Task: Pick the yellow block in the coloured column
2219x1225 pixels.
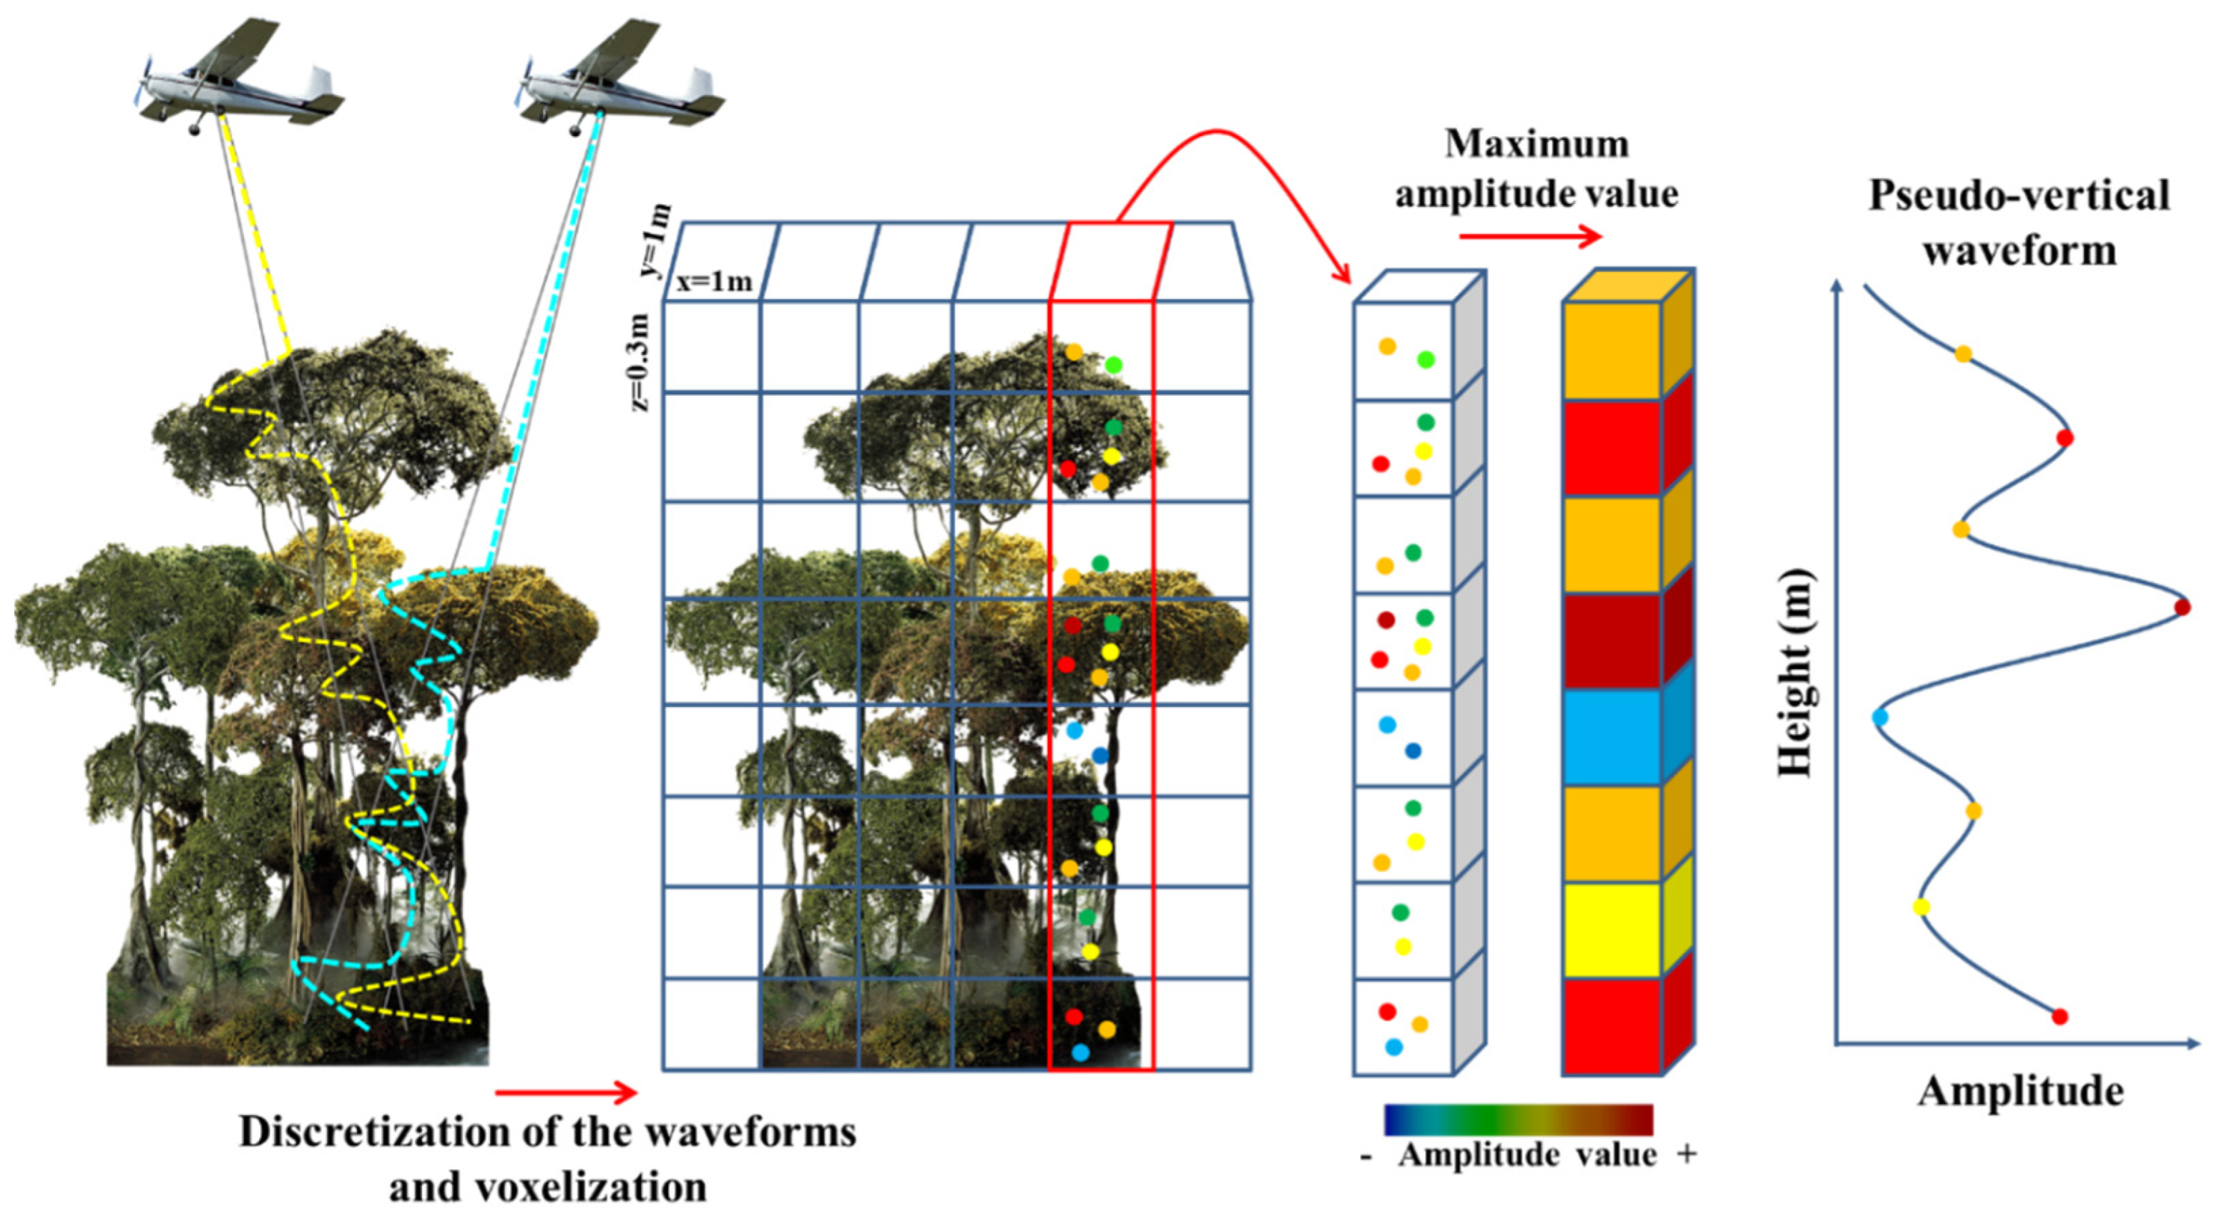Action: (x=1612, y=930)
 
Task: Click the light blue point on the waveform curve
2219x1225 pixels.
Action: (x=1880, y=717)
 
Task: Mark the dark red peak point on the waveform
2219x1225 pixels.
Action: (x=2182, y=607)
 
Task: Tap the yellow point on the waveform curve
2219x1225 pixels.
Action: (x=1920, y=907)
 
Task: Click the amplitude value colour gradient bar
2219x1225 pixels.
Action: (x=1519, y=1120)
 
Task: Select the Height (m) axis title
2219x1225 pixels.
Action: (x=1796, y=673)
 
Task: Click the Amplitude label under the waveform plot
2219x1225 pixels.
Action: (x=2020, y=1091)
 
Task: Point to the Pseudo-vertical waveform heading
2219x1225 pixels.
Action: (x=2018, y=223)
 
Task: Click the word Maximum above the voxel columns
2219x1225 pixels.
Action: (x=1537, y=143)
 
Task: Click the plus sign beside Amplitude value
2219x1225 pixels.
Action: (x=1687, y=1154)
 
